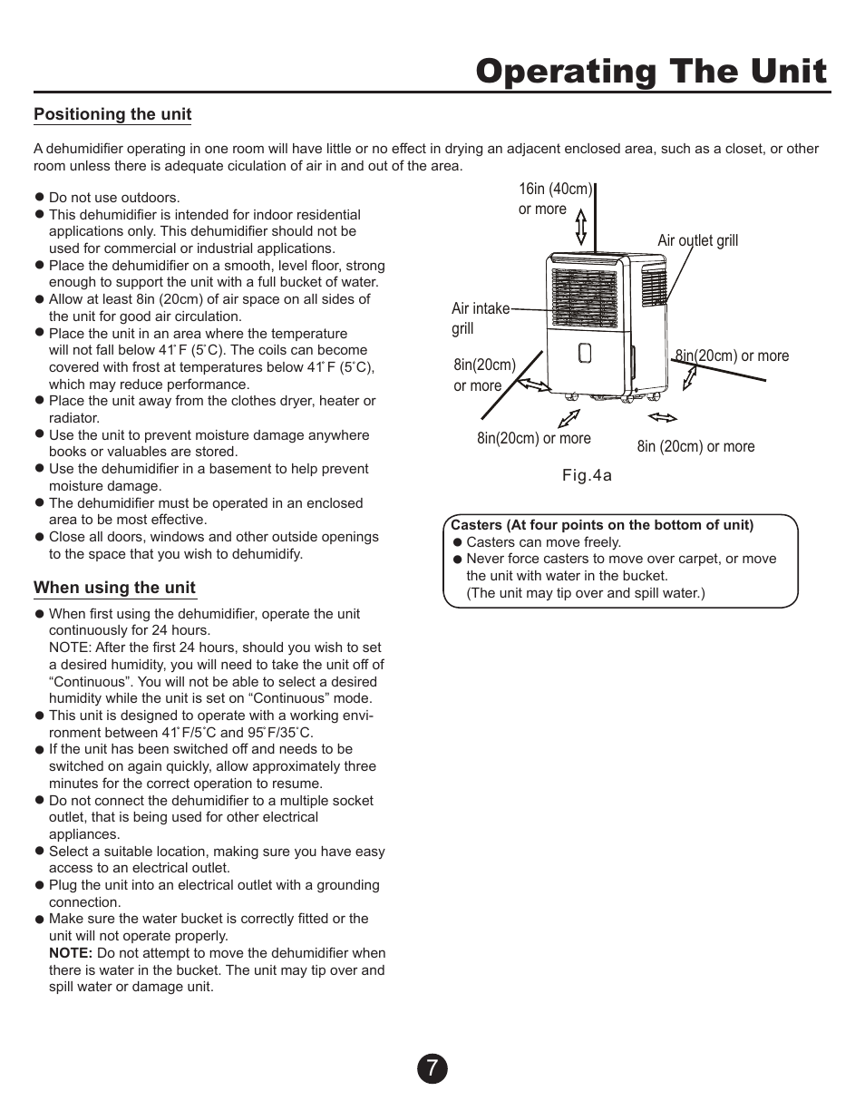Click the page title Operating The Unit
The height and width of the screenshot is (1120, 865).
click(651, 71)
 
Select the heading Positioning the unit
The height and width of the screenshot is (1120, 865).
click(112, 114)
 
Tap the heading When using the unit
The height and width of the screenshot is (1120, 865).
click(114, 588)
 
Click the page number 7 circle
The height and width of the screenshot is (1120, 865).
click(432, 1069)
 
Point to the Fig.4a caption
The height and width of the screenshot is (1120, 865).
click(587, 476)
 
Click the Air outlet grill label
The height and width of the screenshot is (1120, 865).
click(697, 240)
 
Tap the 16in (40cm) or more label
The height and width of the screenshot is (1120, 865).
click(554, 199)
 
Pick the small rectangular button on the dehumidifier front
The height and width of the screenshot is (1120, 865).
click(585, 353)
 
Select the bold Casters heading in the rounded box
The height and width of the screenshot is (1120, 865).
click(602, 525)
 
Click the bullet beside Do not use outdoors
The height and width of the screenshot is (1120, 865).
click(40, 197)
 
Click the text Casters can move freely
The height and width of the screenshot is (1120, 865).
click(543, 542)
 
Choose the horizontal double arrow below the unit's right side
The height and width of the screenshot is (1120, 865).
click(663, 417)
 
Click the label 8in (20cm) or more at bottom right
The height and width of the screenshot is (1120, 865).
click(695, 446)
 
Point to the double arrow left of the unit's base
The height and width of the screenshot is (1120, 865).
click(533, 385)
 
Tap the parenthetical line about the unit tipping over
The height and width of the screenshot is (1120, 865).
click(585, 593)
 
